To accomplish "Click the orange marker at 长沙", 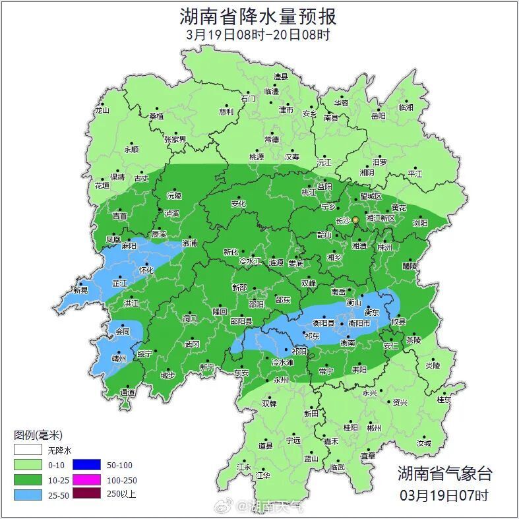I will [355, 220].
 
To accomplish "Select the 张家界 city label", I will [175, 140].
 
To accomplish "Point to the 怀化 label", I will [146, 270].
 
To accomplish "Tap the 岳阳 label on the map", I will [378, 116].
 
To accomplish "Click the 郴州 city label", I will [374, 427].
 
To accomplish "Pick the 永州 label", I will [281, 381].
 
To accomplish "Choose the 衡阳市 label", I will [359, 323].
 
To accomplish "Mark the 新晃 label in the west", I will [80, 290].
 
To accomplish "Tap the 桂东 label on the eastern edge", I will [444, 400].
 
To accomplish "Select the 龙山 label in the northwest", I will [102, 111].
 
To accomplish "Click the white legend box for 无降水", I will [28, 451].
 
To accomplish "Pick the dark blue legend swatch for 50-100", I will [86, 465].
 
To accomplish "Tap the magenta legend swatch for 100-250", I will [86, 479].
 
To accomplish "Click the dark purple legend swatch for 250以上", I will [86, 493].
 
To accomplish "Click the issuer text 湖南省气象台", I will [444, 473].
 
